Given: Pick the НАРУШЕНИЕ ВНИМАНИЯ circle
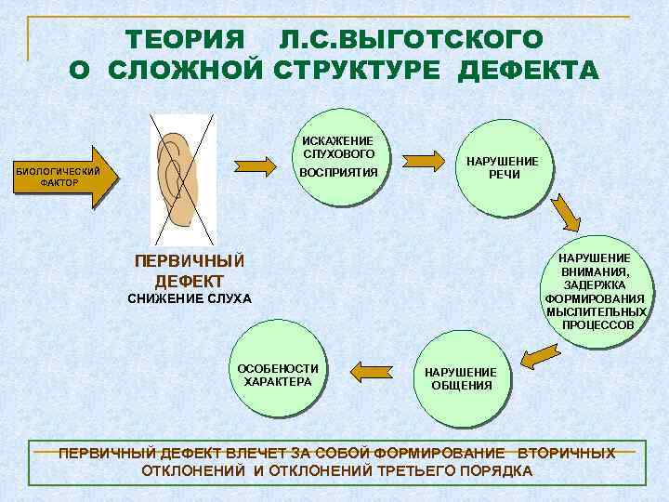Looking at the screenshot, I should pos(595,290).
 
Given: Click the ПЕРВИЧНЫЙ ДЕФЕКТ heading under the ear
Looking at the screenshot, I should pos(190,269).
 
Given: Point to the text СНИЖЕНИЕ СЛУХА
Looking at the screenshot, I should pos(189,298).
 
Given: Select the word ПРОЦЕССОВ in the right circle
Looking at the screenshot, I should pos(598,325).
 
